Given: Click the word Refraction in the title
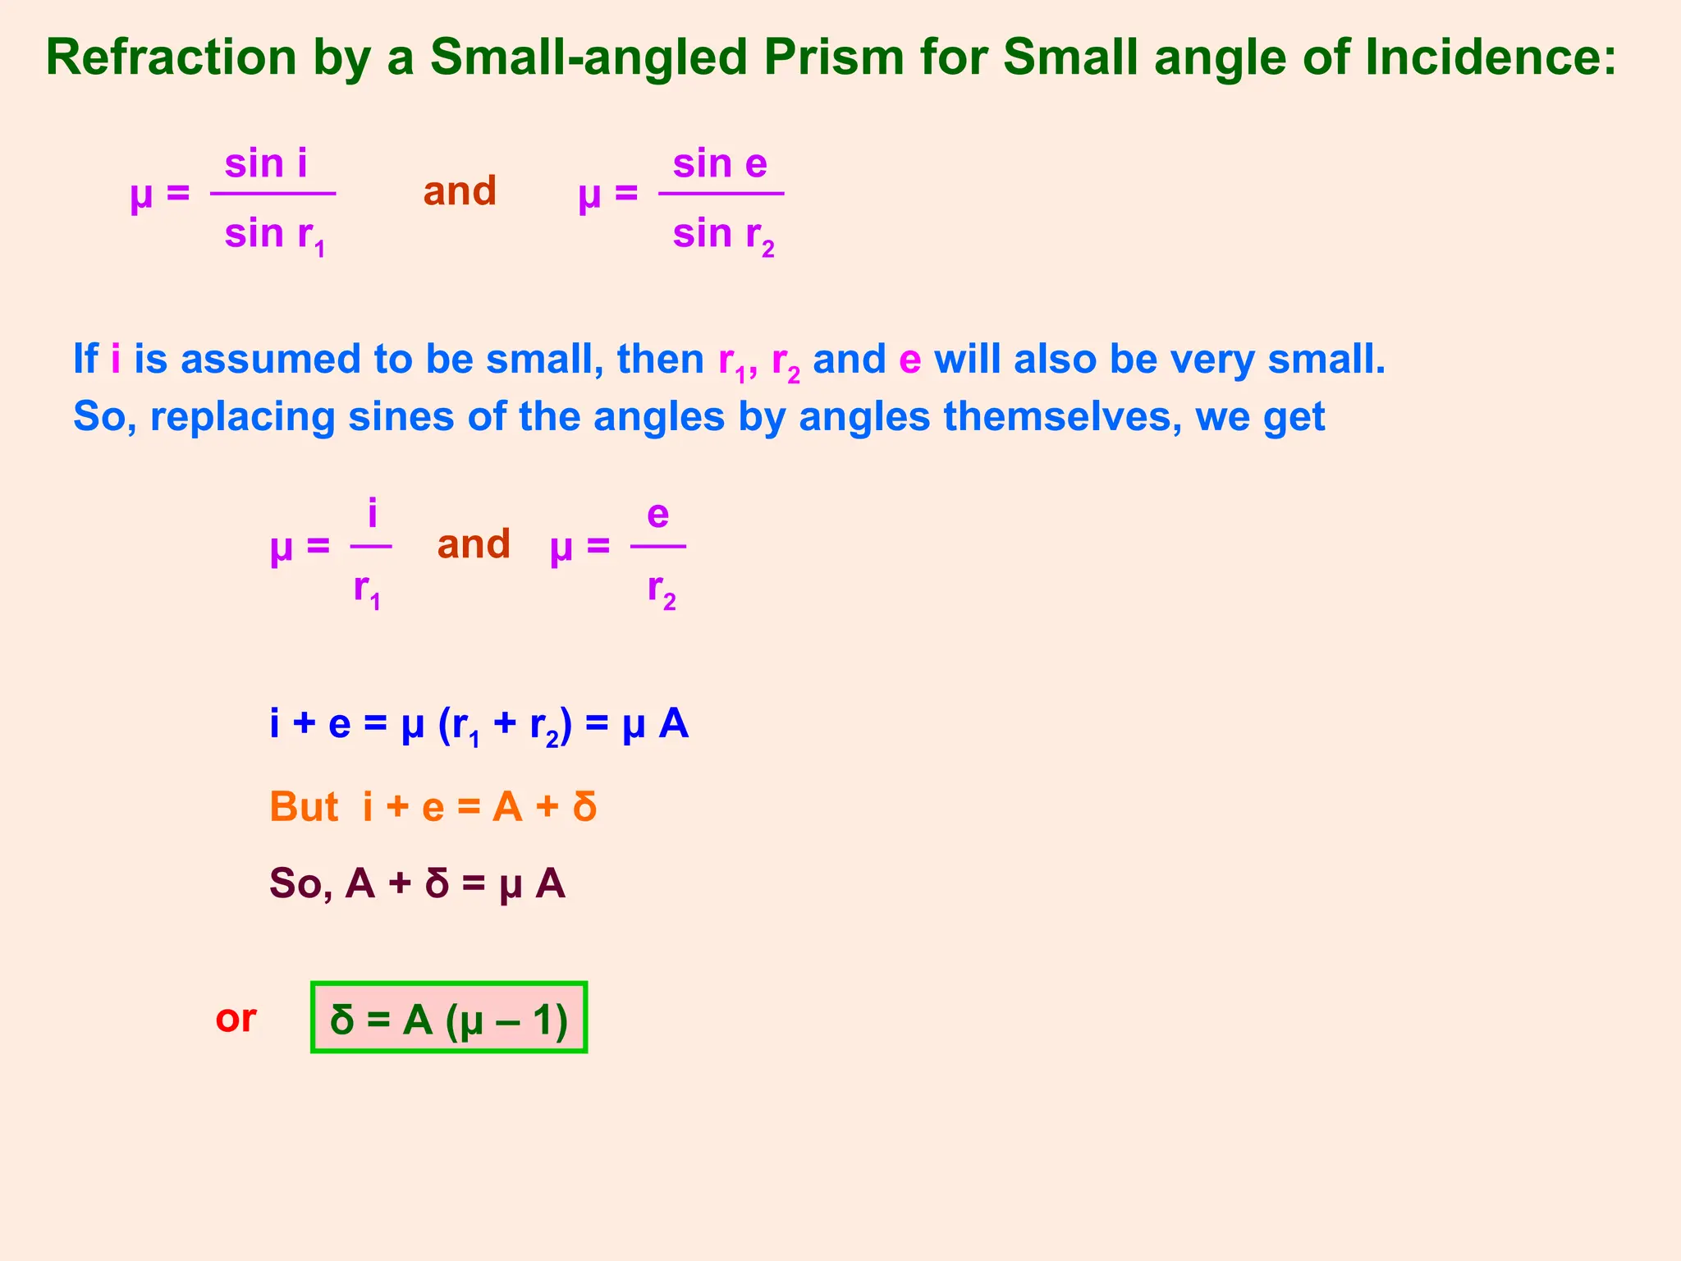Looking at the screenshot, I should pyautogui.click(x=171, y=57).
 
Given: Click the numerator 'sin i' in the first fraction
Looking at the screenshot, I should pyautogui.click(x=266, y=163).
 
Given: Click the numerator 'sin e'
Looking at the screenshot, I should pyautogui.click(x=720, y=163).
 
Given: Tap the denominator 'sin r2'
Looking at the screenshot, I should pyautogui.click(x=723, y=235).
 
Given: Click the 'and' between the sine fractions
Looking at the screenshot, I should pyautogui.click(x=460, y=191).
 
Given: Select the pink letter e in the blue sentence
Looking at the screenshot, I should pyautogui.click(x=909, y=360).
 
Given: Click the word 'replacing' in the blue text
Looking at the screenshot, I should pyautogui.click(x=243, y=417).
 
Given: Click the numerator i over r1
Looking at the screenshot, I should pyautogui.click(x=373, y=514).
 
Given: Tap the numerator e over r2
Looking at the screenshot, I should pyautogui.click(x=658, y=515).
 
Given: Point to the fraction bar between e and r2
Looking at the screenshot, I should pyautogui.click(x=658, y=546).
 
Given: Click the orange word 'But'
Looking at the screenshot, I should pyautogui.click(x=304, y=807).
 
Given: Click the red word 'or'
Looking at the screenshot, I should pyautogui.click(x=236, y=1019).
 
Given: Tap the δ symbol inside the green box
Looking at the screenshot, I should pyautogui.click(x=342, y=1020).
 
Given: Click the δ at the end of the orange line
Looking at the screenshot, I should pyautogui.click(x=584, y=806).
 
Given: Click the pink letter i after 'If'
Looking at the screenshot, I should pyautogui.click(x=116, y=360).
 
